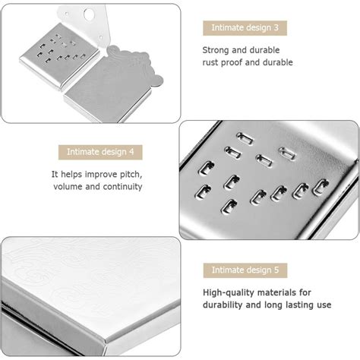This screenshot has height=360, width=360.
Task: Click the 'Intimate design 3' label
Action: click(x=245, y=28)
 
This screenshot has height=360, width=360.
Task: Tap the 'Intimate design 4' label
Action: click(x=100, y=152)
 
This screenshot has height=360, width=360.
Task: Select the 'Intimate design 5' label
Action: click(x=245, y=270)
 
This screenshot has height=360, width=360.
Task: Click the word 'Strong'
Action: click(x=216, y=50)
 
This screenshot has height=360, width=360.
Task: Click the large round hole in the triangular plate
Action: click(x=89, y=14)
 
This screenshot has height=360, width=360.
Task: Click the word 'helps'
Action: click(x=71, y=175)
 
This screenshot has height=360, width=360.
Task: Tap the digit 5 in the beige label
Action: click(x=276, y=270)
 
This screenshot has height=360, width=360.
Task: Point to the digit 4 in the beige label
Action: click(x=131, y=152)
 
